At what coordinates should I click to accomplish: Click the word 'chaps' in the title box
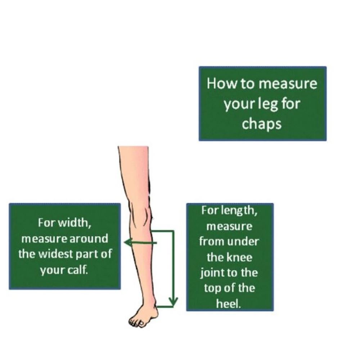(261, 124)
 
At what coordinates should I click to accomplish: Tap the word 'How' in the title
(221, 84)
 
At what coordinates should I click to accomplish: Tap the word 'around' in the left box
(89, 239)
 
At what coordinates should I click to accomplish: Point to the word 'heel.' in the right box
(229, 304)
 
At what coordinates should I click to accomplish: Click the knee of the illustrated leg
(140, 215)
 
